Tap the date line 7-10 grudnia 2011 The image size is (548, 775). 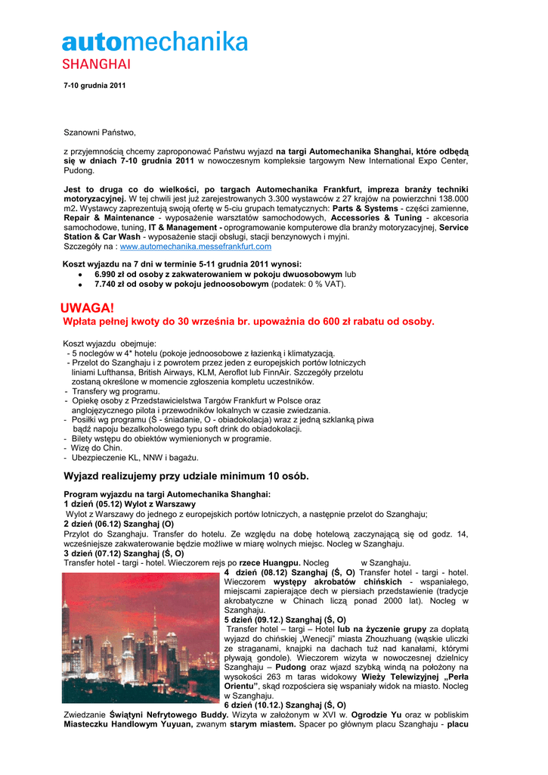click(x=94, y=86)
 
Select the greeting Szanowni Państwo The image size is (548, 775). click(x=99, y=132)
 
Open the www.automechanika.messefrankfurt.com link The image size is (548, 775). click(x=196, y=246)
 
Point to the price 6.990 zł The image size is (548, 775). click(x=113, y=274)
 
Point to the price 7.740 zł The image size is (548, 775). click(x=113, y=284)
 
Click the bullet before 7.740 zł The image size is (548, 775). click(x=80, y=285)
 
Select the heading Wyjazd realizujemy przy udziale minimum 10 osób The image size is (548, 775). click(x=186, y=476)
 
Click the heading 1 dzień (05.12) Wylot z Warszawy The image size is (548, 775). click(x=129, y=503)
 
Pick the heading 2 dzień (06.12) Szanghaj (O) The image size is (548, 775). click(x=119, y=523)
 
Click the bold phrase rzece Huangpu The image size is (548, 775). click(x=270, y=562)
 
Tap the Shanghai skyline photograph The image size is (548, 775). click(x=141, y=637)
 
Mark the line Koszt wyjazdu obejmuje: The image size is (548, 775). click(x=110, y=344)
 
